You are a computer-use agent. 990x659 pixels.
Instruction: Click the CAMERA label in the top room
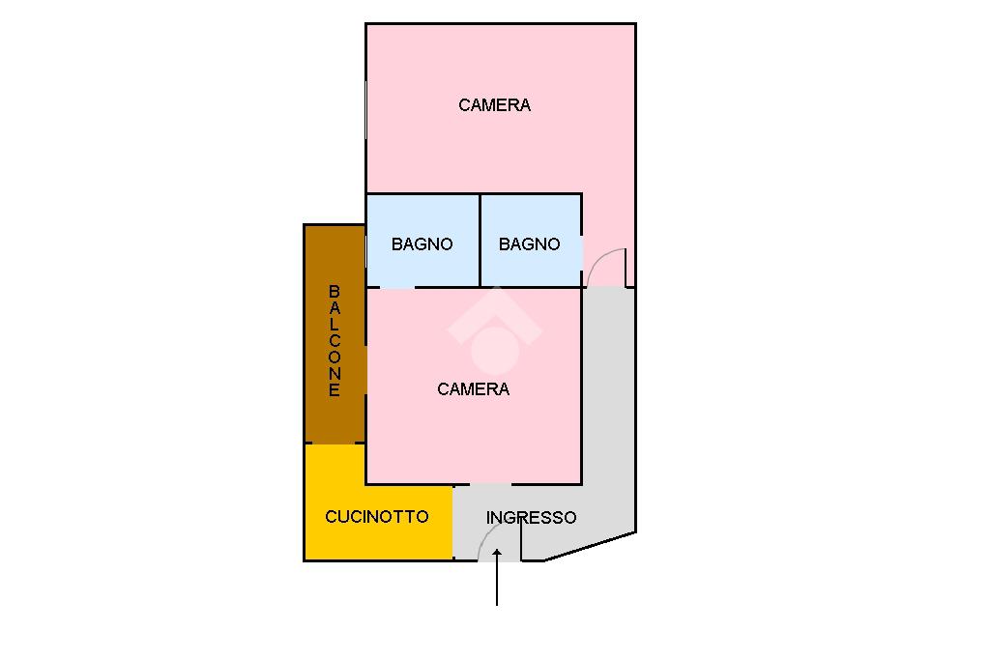click(x=494, y=105)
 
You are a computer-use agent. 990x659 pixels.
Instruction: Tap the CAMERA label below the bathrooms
click(x=473, y=389)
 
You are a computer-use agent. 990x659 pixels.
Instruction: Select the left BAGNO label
click(x=422, y=244)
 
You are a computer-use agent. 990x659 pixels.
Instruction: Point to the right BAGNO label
click(x=529, y=244)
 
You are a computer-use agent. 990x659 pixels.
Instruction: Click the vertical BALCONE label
click(x=335, y=340)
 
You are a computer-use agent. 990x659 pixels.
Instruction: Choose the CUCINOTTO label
click(x=376, y=517)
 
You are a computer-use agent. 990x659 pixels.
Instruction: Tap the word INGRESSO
click(x=531, y=518)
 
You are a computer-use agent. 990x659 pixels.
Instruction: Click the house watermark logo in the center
click(x=494, y=333)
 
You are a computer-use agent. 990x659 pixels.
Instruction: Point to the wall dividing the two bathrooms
click(x=480, y=241)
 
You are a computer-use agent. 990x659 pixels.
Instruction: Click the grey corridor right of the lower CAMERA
click(x=608, y=406)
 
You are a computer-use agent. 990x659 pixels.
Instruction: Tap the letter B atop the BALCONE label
click(x=335, y=291)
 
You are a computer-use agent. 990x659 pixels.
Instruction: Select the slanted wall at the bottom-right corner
click(x=590, y=546)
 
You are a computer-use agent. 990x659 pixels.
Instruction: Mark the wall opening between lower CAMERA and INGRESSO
click(x=490, y=484)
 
